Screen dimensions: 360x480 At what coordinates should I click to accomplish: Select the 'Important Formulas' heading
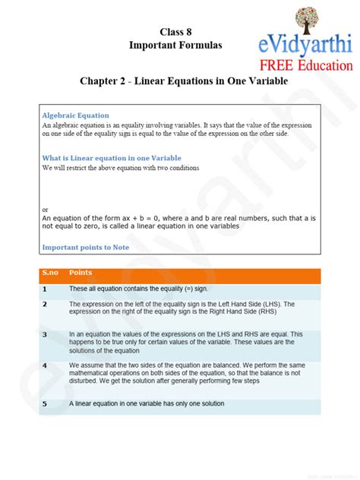(175, 46)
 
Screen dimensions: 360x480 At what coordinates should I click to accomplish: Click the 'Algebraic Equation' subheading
(76, 115)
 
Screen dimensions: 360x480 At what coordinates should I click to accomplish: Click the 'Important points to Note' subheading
(86, 248)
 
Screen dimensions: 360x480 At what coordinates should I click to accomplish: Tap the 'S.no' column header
(51, 272)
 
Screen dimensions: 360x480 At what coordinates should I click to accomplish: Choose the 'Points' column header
(81, 272)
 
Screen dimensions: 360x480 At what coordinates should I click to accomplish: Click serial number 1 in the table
(45, 289)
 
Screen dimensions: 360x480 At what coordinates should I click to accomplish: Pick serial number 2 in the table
(45, 304)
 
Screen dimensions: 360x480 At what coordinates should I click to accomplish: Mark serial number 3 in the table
(45, 334)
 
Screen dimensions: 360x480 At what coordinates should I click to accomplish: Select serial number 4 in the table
(45, 365)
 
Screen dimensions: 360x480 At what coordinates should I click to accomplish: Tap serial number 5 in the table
(45, 404)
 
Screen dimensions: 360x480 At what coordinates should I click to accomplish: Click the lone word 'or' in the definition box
(46, 209)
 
